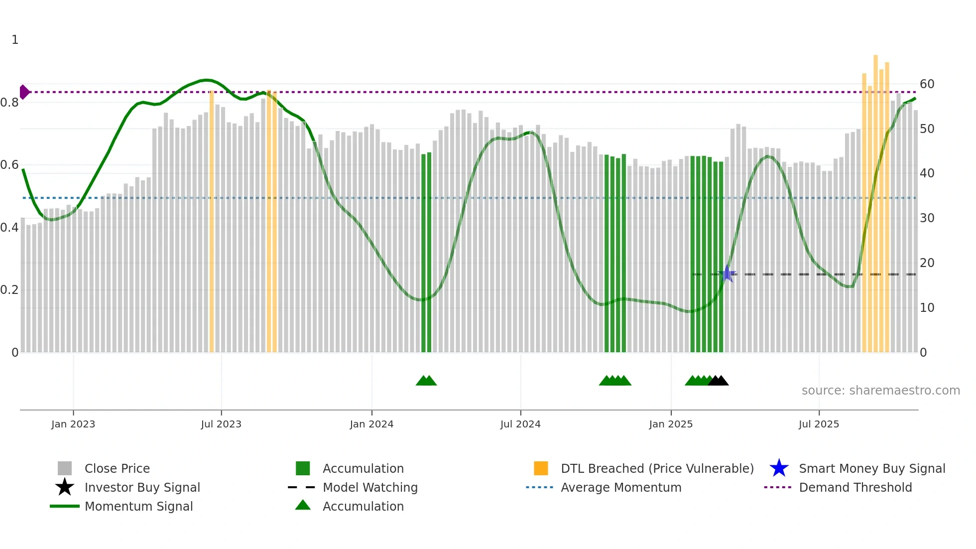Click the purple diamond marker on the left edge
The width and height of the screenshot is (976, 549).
24,92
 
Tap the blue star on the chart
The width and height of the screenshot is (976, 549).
727,274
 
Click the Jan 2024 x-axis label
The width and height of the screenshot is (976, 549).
371,424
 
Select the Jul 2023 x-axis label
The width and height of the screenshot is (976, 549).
221,424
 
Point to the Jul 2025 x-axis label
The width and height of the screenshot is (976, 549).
819,424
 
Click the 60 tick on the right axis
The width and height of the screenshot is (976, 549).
927,84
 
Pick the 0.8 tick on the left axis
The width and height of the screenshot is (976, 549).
9,103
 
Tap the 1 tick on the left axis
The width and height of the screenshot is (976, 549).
15,40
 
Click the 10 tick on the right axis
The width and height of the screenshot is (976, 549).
927,308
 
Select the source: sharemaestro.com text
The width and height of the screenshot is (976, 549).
880,391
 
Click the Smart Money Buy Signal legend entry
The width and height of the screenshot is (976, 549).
871,469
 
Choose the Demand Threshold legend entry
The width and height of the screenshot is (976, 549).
855,488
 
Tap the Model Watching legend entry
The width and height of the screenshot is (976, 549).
369,488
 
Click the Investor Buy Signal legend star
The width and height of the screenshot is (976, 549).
65,487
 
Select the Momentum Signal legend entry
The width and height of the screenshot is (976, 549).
138,507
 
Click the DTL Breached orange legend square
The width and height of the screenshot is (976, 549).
541,468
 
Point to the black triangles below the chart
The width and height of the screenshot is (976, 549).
718,381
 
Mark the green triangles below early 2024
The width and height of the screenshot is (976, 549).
426,381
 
